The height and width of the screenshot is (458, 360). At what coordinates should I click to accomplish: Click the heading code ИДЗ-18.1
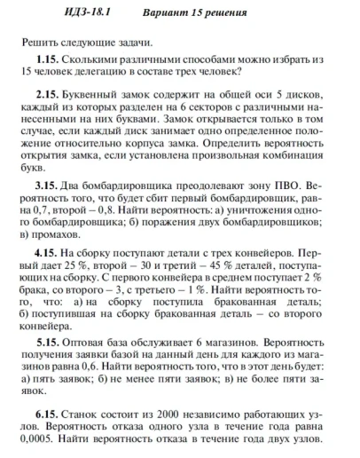61,13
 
